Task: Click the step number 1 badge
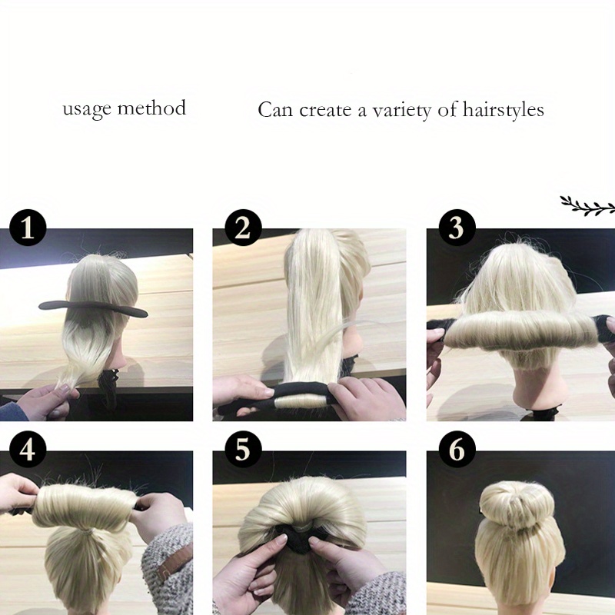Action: (28, 228)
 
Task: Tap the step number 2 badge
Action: (243, 228)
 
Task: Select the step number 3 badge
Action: (457, 228)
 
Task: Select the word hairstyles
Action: (503, 110)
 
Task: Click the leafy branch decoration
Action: (587, 205)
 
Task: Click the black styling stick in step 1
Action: (93, 308)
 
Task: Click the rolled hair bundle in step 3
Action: (522, 331)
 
